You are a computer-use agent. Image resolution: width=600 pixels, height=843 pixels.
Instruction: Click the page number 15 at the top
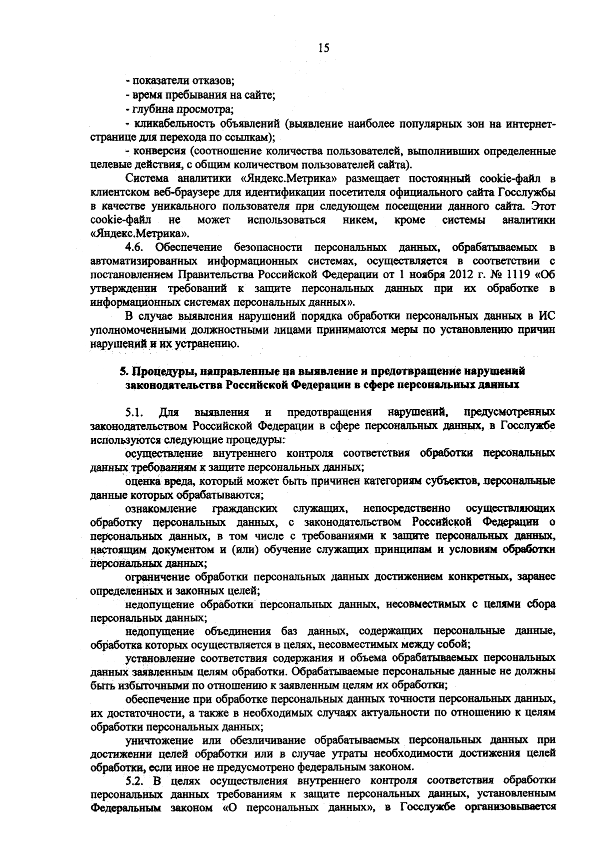[x=323, y=48]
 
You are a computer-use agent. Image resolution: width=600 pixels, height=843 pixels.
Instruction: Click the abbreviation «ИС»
[x=547, y=316]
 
